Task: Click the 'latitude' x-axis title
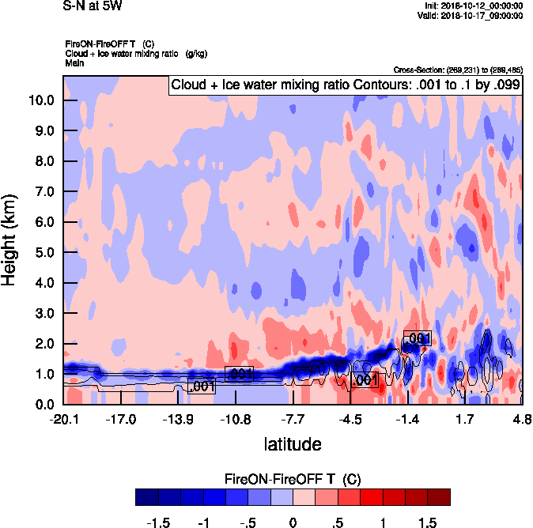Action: [x=293, y=444]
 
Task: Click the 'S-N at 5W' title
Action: [x=92, y=6]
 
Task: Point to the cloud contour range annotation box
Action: [x=346, y=84]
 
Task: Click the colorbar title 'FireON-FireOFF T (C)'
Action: [x=293, y=480]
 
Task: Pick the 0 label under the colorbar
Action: [x=293, y=523]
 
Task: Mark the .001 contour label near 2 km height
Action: [x=417, y=338]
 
